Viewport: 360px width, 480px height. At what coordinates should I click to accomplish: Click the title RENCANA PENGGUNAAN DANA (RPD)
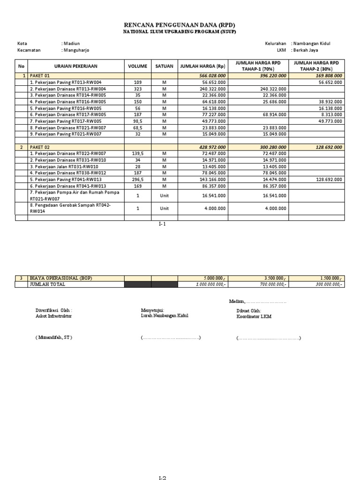point(180,24)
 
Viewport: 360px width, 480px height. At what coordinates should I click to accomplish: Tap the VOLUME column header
point(137,66)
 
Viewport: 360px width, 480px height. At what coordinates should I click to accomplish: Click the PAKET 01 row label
point(40,75)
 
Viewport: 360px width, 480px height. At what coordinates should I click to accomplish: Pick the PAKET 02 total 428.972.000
point(213,147)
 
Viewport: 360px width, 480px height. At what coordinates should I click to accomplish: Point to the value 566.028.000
point(213,75)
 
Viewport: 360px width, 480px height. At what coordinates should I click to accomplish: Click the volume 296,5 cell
point(137,180)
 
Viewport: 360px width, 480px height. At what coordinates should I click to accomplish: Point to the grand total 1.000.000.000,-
point(210,284)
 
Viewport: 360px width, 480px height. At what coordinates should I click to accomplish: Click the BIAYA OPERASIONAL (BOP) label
point(61,278)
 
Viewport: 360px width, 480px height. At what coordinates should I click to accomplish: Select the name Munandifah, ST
point(54,337)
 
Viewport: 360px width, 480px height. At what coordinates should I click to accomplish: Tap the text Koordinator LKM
point(254,316)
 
